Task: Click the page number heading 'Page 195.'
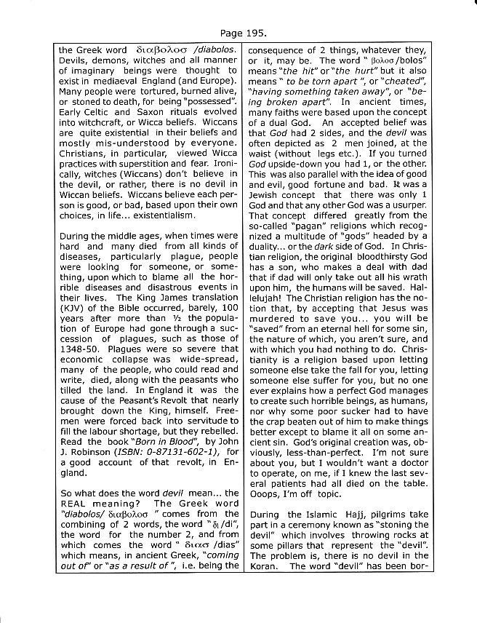(238, 33)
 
